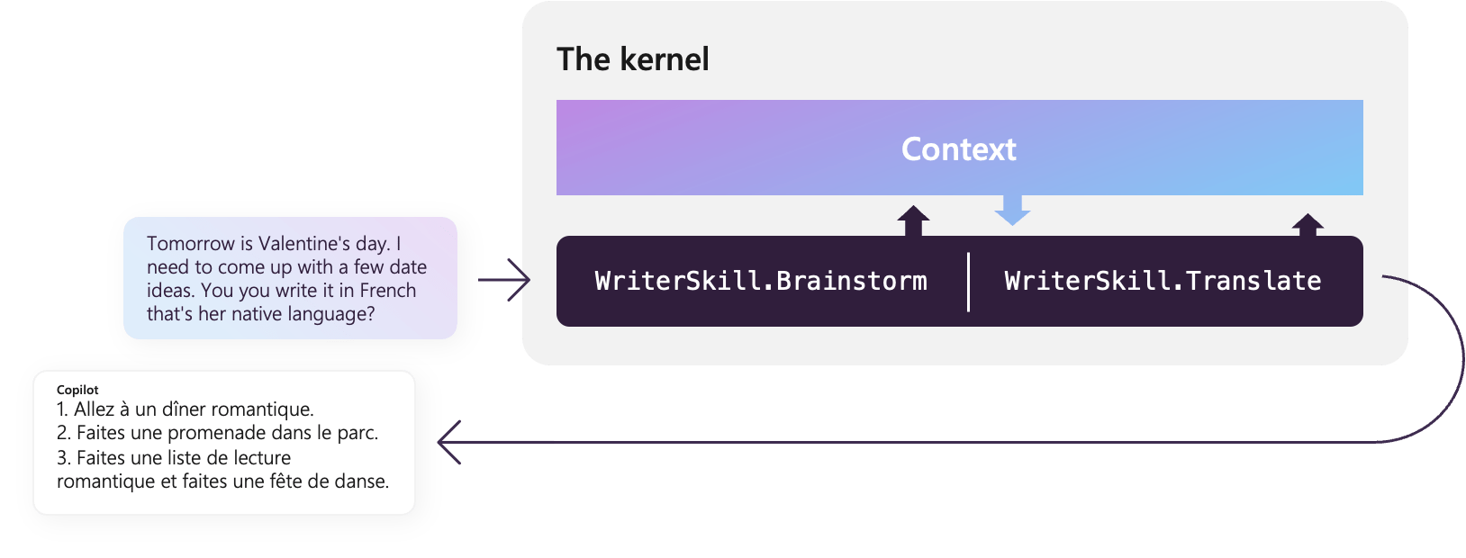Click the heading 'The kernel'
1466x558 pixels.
point(632,59)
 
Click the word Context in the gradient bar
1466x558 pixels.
point(958,149)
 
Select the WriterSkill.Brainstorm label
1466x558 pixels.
point(761,281)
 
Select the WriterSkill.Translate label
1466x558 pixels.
point(1163,281)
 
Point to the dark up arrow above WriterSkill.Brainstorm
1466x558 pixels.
point(913,220)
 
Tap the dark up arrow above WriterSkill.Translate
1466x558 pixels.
point(1308,224)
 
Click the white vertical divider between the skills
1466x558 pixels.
point(968,282)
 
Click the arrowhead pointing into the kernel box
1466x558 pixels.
point(522,280)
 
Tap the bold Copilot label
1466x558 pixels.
point(77,390)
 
